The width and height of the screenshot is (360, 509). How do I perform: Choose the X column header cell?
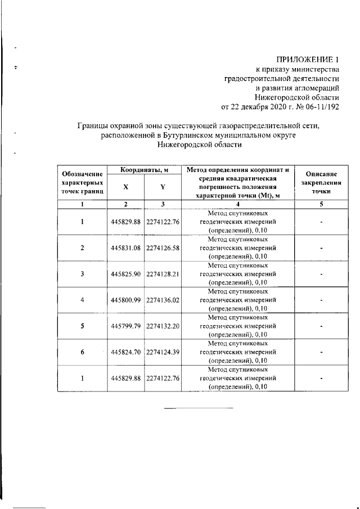tap(125, 187)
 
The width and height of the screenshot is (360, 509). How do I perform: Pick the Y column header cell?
tap(162, 187)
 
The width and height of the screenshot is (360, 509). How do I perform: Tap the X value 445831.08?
tap(125, 248)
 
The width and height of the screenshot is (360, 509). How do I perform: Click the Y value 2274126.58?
tap(163, 248)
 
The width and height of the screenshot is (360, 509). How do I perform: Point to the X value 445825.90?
tap(125, 274)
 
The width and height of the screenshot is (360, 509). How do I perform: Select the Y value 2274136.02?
tap(163, 300)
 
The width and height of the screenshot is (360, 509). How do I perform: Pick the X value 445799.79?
tap(125, 326)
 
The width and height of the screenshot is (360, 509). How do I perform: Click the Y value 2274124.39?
tap(163, 352)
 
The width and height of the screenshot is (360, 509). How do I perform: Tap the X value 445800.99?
tap(125, 300)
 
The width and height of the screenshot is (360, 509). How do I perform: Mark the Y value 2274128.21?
tap(163, 274)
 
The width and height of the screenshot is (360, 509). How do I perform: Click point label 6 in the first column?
tap(82, 352)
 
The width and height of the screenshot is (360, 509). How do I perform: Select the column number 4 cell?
tap(237, 204)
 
